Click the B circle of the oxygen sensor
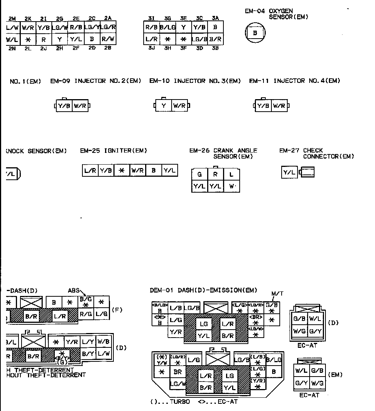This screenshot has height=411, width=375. (x=255, y=33)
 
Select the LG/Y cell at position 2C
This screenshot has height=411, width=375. (x=92, y=27)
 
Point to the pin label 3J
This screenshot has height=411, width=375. (x=151, y=48)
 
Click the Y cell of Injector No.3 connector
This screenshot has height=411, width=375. (x=164, y=106)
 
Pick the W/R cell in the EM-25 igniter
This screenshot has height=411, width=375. (x=138, y=171)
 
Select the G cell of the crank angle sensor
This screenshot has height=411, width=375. (x=200, y=174)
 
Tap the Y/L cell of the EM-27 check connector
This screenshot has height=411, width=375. (x=290, y=173)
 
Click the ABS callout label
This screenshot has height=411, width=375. (x=74, y=291)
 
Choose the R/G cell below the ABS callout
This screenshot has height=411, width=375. (x=86, y=313)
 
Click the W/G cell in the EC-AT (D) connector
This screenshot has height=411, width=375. (x=299, y=332)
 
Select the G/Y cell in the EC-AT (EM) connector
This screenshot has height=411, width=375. (x=301, y=383)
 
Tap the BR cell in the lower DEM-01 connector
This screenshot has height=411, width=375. (x=178, y=372)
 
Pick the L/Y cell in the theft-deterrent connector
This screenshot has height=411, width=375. (x=88, y=341)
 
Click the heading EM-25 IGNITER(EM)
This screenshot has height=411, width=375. (x=113, y=151)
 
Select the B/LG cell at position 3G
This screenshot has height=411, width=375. (x=168, y=27)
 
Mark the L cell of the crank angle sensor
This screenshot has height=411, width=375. (x=231, y=174)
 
